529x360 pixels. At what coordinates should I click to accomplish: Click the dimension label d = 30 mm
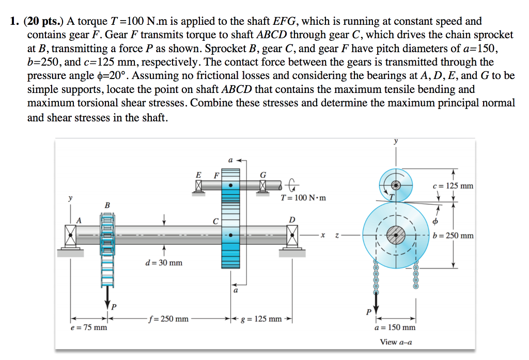(163, 263)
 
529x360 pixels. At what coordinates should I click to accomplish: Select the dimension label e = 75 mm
(89, 327)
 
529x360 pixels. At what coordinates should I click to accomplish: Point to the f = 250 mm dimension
(168, 319)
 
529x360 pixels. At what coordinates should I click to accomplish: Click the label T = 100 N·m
(303, 198)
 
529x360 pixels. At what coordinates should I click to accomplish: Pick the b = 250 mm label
(454, 236)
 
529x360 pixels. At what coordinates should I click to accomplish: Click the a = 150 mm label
(395, 327)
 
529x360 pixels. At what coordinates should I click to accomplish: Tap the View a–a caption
(396, 342)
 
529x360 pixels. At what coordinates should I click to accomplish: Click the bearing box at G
(263, 185)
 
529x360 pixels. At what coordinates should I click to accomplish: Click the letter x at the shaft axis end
(323, 236)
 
